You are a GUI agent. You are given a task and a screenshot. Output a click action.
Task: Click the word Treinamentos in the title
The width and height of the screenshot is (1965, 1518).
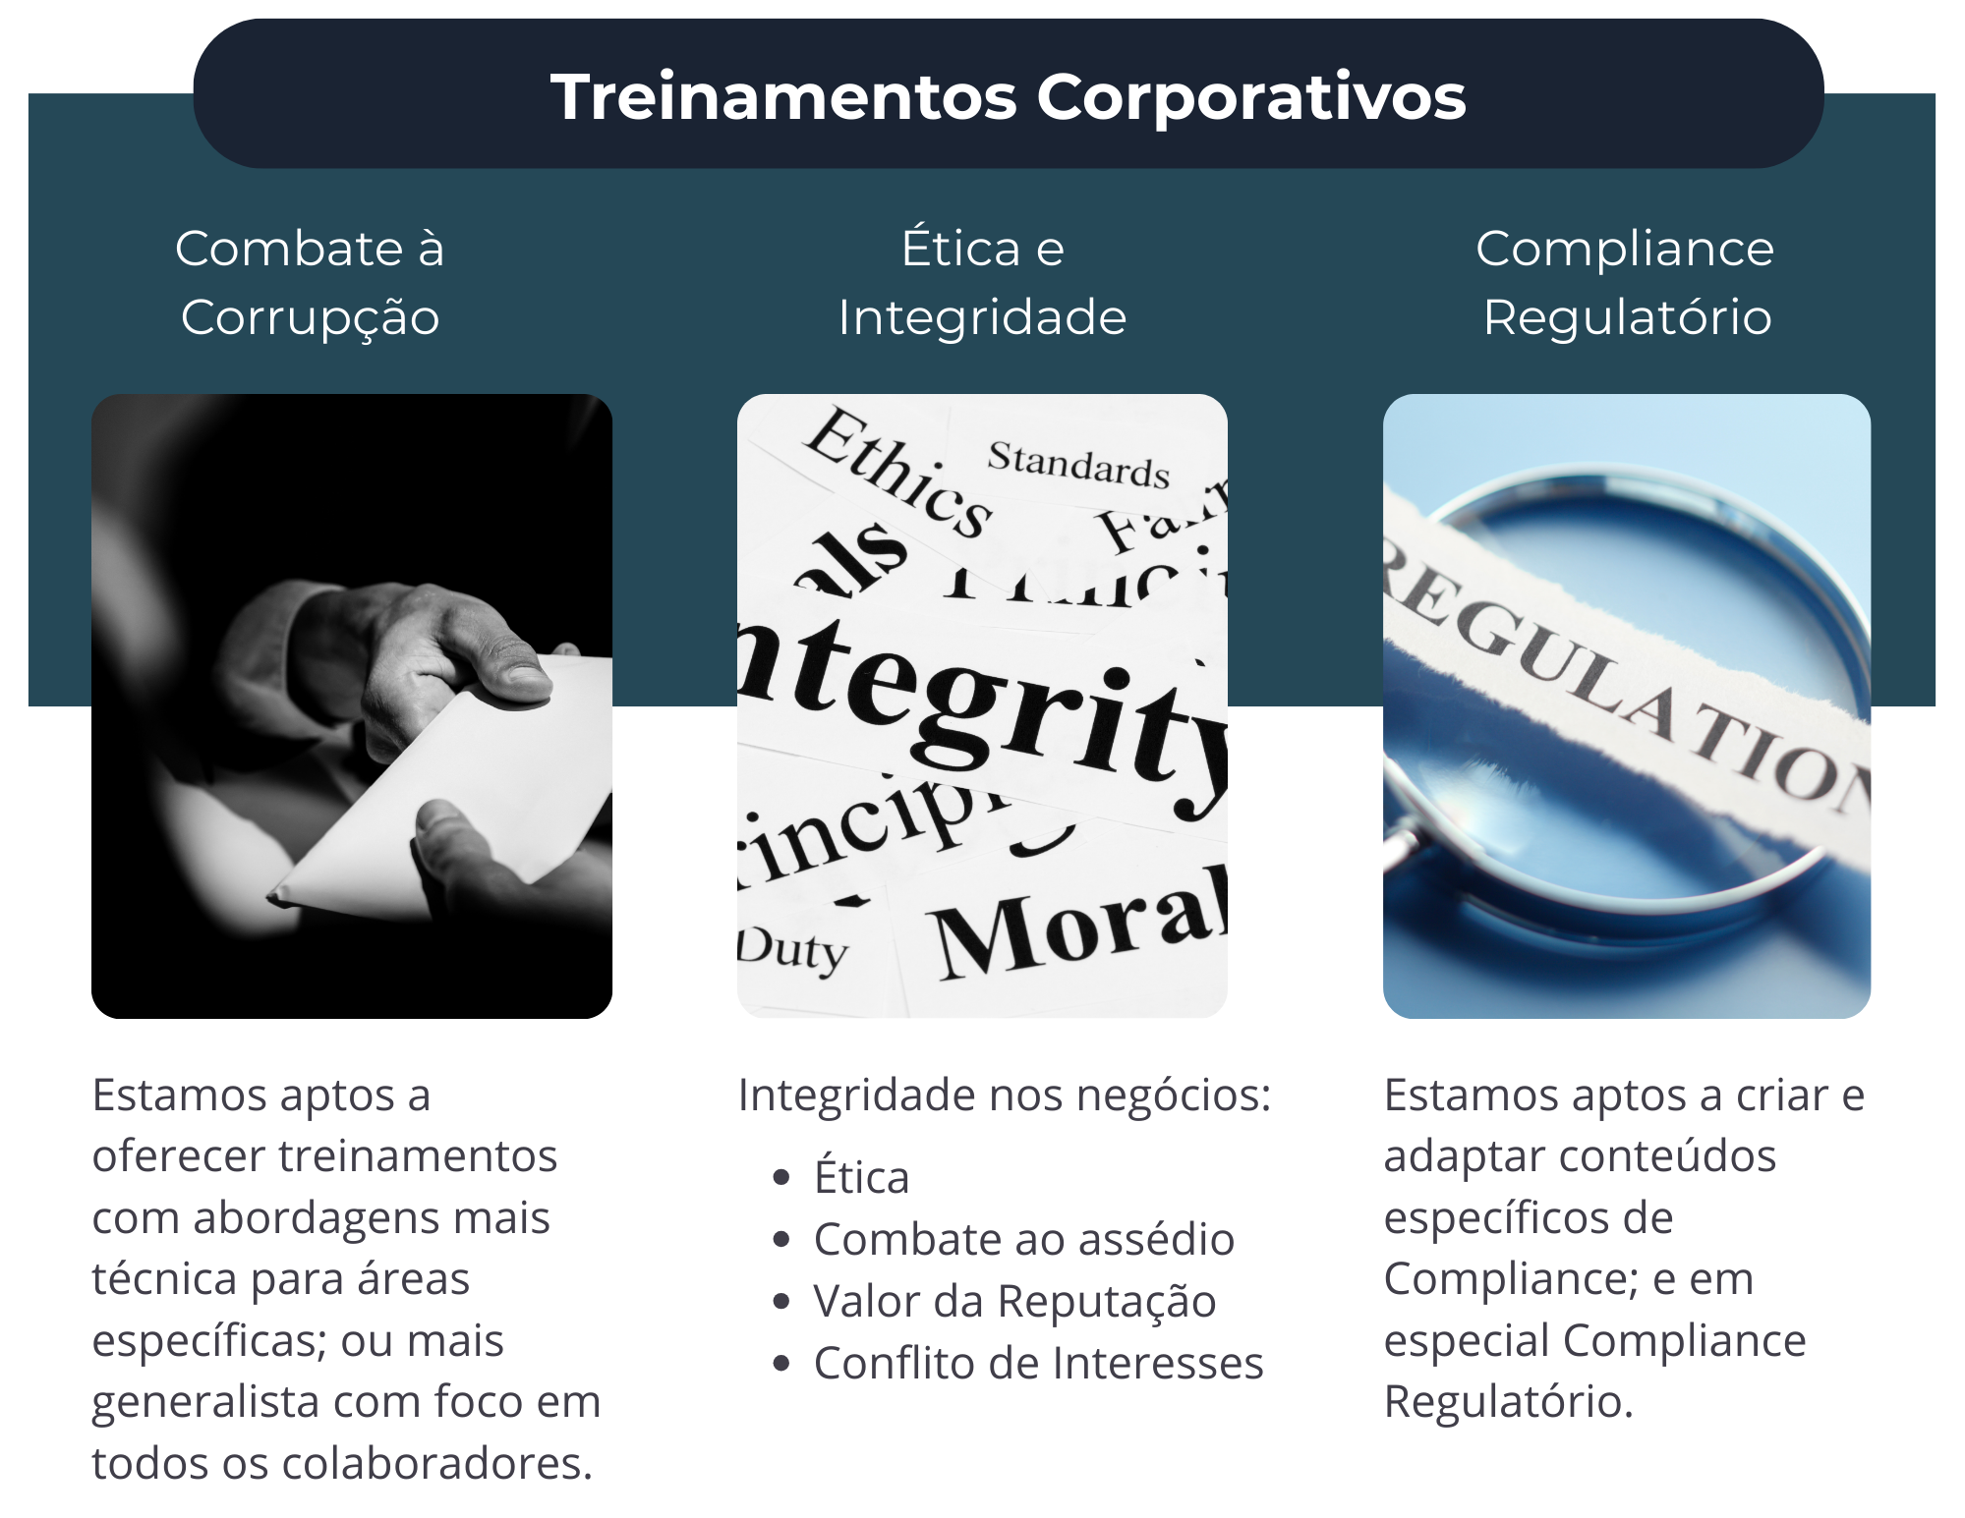tap(783, 97)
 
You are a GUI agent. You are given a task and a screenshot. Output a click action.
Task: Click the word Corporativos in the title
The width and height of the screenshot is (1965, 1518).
tap(1250, 97)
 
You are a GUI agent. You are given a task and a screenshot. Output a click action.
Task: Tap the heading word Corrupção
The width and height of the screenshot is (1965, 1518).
tap(310, 318)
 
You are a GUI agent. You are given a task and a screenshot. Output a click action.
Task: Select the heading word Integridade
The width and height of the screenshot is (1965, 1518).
tap(982, 318)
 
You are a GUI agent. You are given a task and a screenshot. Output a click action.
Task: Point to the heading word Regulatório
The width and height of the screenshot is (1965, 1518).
tap(1627, 318)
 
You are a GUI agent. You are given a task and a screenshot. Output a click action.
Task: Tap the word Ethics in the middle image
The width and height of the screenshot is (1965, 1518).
tap(897, 473)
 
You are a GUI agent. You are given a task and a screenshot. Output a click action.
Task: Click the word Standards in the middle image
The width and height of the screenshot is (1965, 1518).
tap(1078, 465)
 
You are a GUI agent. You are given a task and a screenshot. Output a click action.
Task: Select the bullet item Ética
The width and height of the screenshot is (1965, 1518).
tap(861, 1178)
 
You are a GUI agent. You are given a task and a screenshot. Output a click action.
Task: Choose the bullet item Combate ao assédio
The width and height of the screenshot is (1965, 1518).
tap(1023, 1240)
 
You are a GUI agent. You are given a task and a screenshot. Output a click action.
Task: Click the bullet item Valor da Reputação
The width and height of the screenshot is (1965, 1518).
tap(1014, 1302)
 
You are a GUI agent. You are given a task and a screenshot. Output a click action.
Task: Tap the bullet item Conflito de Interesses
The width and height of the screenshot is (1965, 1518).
tap(1038, 1364)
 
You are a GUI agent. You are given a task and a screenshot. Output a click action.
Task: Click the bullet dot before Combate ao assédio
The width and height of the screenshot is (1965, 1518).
tap(781, 1240)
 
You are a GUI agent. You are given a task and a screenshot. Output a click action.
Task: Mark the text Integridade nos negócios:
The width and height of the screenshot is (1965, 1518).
tap(1004, 1096)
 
